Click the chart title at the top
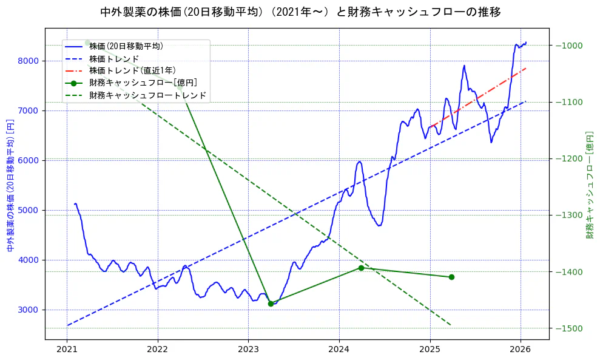[x=300, y=12]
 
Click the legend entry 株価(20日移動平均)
[x=126, y=46]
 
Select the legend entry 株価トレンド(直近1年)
[x=132, y=70]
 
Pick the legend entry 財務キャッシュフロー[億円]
[x=143, y=83]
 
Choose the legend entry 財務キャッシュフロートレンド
[x=147, y=95]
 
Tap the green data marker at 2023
[x=271, y=304]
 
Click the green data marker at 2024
[x=361, y=268]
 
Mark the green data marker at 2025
[x=451, y=277]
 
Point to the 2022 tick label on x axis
[x=158, y=350]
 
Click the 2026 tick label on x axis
[x=520, y=350]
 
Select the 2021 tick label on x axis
[x=67, y=350]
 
